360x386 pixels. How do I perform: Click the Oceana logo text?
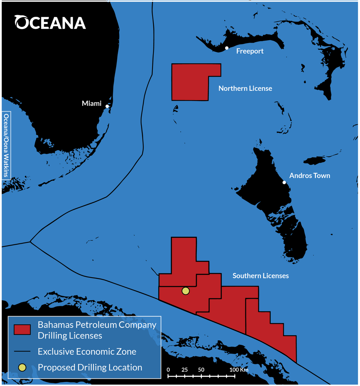pos(50,22)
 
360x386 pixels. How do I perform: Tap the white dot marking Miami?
pos(107,106)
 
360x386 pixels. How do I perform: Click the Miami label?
pos(91,103)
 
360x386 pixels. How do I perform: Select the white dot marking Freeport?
pos(227,48)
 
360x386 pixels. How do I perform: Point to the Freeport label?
pos(249,51)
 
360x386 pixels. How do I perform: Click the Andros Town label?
pos(309,175)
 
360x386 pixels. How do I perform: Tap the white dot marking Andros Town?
pos(284,182)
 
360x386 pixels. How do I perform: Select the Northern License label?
pos(245,89)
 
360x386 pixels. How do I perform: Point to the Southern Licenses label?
pos(261,276)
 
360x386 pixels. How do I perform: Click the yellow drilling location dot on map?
pos(186,291)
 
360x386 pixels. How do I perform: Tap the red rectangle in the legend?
pos(22,330)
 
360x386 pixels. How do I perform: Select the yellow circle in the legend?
pos(22,367)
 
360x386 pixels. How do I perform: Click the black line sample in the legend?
pos(22,351)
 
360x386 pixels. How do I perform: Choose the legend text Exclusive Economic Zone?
pos(87,352)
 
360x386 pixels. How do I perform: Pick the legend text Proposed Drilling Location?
pos(90,367)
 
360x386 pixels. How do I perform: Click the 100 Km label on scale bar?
pos(238,370)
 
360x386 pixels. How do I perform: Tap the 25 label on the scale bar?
pos(184,370)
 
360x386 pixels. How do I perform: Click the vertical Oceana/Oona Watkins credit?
pos(6,145)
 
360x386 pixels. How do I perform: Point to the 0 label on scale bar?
pos(168,370)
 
